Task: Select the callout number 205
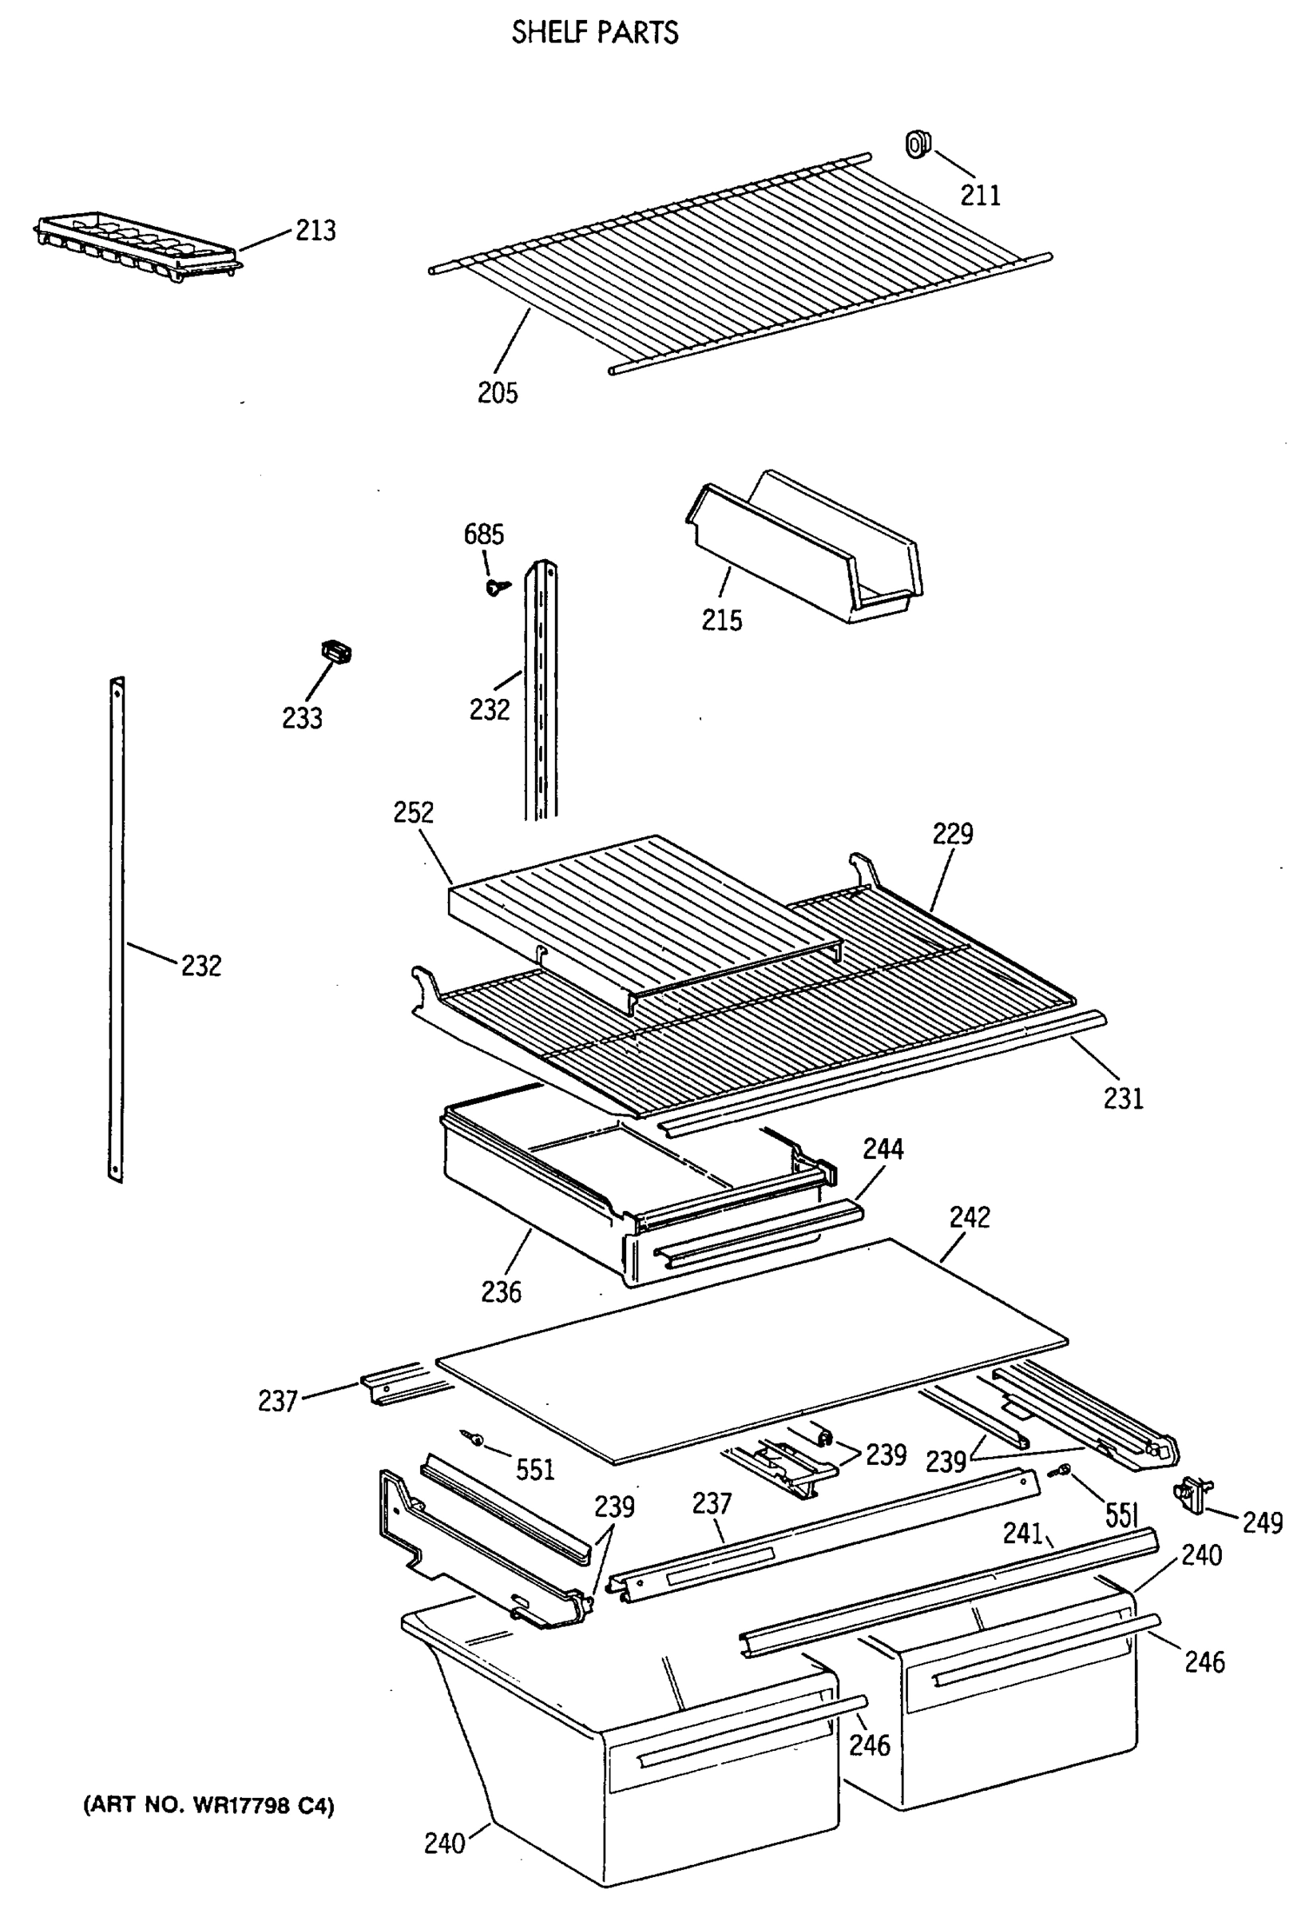click(498, 393)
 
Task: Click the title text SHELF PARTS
click(594, 33)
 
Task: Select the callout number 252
click(412, 812)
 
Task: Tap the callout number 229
click(952, 834)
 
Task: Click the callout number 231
click(1123, 1098)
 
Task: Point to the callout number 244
click(883, 1149)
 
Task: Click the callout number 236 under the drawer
click(501, 1292)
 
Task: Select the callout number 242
click(969, 1217)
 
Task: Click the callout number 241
click(1023, 1533)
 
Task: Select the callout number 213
click(315, 230)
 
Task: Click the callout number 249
click(1261, 1522)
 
